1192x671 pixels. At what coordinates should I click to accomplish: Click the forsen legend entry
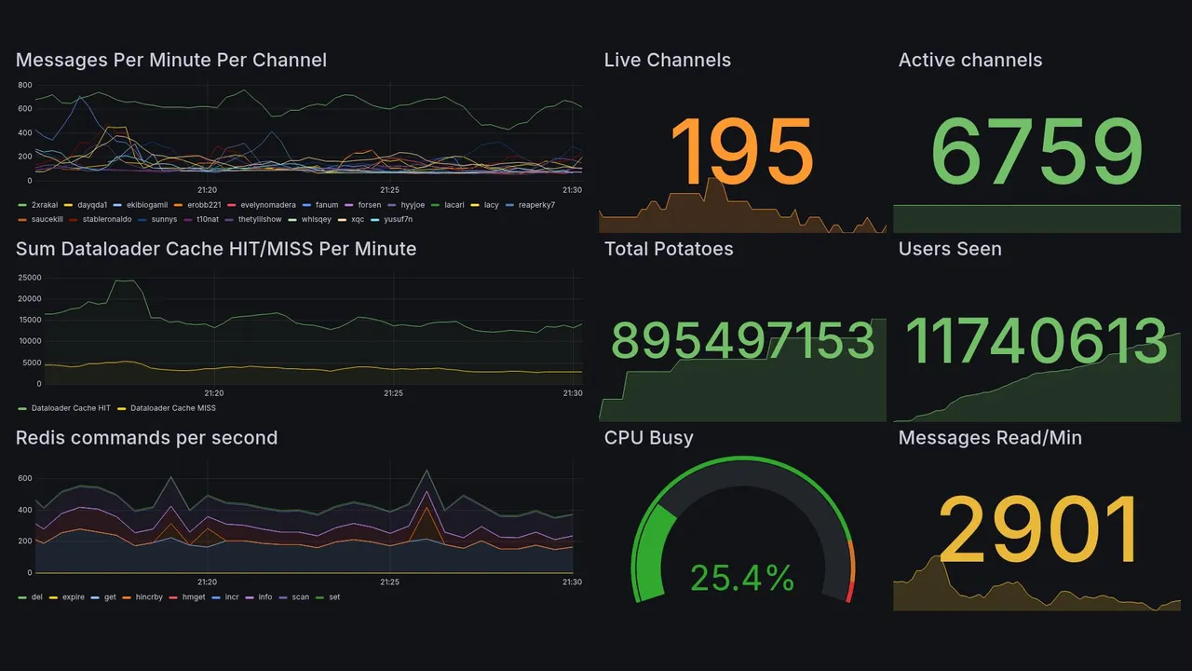pyautogui.click(x=369, y=205)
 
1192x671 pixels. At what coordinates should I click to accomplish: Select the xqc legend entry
pyautogui.click(x=357, y=220)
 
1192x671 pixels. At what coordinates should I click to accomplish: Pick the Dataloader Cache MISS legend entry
pyautogui.click(x=172, y=408)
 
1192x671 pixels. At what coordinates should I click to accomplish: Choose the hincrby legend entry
pyautogui.click(x=149, y=596)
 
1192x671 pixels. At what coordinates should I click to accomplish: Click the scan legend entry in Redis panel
pyautogui.click(x=300, y=596)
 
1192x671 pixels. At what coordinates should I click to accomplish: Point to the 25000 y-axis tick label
pyautogui.click(x=29, y=278)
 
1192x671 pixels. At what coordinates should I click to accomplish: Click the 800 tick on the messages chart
pyautogui.click(x=24, y=85)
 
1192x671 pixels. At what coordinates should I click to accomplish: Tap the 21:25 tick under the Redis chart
pyautogui.click(x=389, y=582)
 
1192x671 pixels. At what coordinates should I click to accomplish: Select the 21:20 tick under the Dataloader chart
pyautogui.click(x=213, y=393)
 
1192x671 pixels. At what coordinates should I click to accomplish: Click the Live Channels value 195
pyautogui.click(x=741, y=152)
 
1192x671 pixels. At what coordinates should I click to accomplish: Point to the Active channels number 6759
pyautogui.click(x=1036, y=152)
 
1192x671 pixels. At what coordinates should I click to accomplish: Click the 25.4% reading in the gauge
pyautogui.click(x=741, y=579)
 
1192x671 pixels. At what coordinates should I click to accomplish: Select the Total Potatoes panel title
pyautogui.click(x=668, y=249)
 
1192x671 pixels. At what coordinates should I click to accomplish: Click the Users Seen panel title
pyautogui.click(x=950, y=249)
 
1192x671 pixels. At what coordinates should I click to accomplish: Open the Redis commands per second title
pyautogui.click(x=146, y=438)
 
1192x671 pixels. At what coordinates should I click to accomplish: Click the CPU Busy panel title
pyautogui.click(x=648, y=438)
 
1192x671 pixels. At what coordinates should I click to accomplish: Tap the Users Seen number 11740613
pyautogui.click(x=1036, y=341)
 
